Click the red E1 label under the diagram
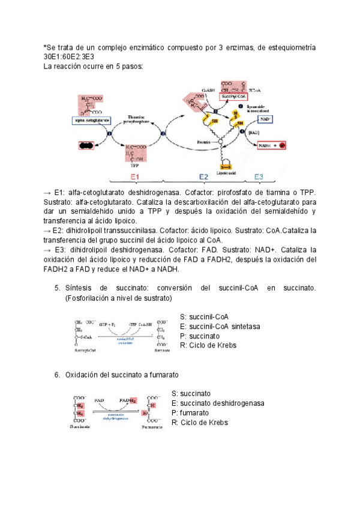click(x=136, y=176)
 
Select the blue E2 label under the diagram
click(x=203, y=176)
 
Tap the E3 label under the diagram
click(x=258, y=176)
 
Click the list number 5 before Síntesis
click(x=57, y=289)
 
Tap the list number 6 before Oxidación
click(x=57, y=375)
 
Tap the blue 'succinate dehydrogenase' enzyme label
click(x=124, y=417)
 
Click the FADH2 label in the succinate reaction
click(x=128, y=399)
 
